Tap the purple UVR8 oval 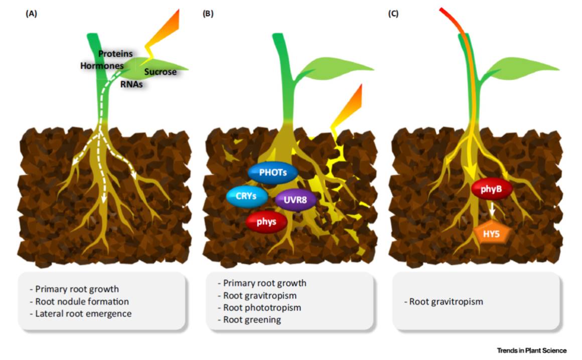coord(296,200)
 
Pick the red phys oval coord(266,222)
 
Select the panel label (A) coord(31,14)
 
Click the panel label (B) coord(208,14)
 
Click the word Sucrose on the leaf coord(161,72)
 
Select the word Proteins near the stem coord(115,53)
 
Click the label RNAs coord(131,85)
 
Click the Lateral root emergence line coord(83,314)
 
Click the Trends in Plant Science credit coord(532,350)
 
